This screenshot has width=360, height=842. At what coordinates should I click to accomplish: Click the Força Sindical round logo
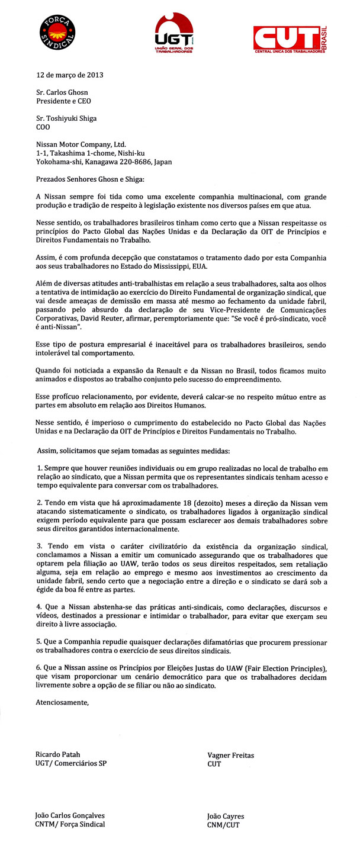click(x=58, y=32)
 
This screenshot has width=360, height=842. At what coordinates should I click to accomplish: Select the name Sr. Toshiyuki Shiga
click(x=66, y=118)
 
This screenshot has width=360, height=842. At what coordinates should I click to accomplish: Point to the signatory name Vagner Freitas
click(x=230, y=756)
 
